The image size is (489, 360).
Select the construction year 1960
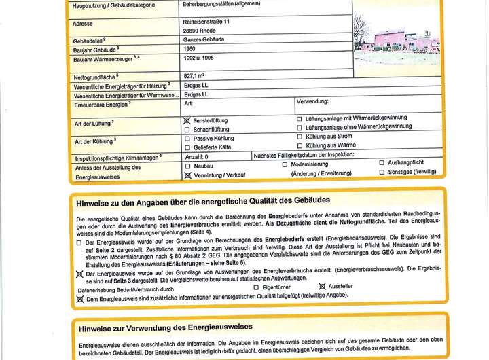click(x=192, y=50)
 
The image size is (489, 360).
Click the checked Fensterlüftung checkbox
click(x=187, y=120)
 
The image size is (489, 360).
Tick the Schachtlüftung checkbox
click(x=187, y=128)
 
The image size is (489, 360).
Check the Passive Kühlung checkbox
click(x=187, y=137)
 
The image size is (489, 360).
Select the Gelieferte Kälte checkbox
click(x=187, y=146)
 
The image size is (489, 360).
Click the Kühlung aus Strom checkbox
click(x=300, y=137)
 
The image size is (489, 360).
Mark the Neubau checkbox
click(x=187, y=165)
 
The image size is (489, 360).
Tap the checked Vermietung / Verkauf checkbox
click(x=187, y=175)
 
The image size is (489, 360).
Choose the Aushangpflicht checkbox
click(x=382, y=164)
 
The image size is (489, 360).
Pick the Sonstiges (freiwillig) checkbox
click(x=382, y=173)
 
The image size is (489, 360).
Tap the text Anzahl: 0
click(x=196, y=156)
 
